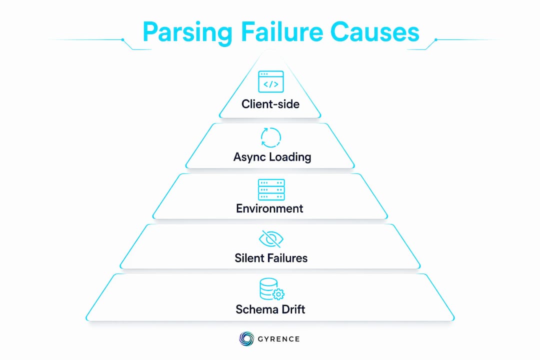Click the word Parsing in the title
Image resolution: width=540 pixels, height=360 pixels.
point(187,32)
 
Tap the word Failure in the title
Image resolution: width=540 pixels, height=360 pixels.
point(281,31)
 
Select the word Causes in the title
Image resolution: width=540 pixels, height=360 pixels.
point(374,32)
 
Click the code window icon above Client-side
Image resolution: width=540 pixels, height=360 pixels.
point(271,81)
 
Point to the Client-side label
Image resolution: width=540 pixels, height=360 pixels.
point(270,104)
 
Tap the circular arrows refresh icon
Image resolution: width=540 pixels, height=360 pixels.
point(271,137)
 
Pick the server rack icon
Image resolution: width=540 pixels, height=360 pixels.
point(271,189)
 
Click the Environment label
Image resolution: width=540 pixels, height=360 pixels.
point(269,208)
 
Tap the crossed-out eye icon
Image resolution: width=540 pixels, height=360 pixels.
point(271,238)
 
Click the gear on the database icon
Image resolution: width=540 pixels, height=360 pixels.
point(278,294)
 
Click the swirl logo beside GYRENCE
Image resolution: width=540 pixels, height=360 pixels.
point(246,338)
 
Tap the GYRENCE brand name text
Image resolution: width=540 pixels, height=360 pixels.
point(278,339)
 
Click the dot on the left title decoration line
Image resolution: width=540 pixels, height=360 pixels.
point(122,39)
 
